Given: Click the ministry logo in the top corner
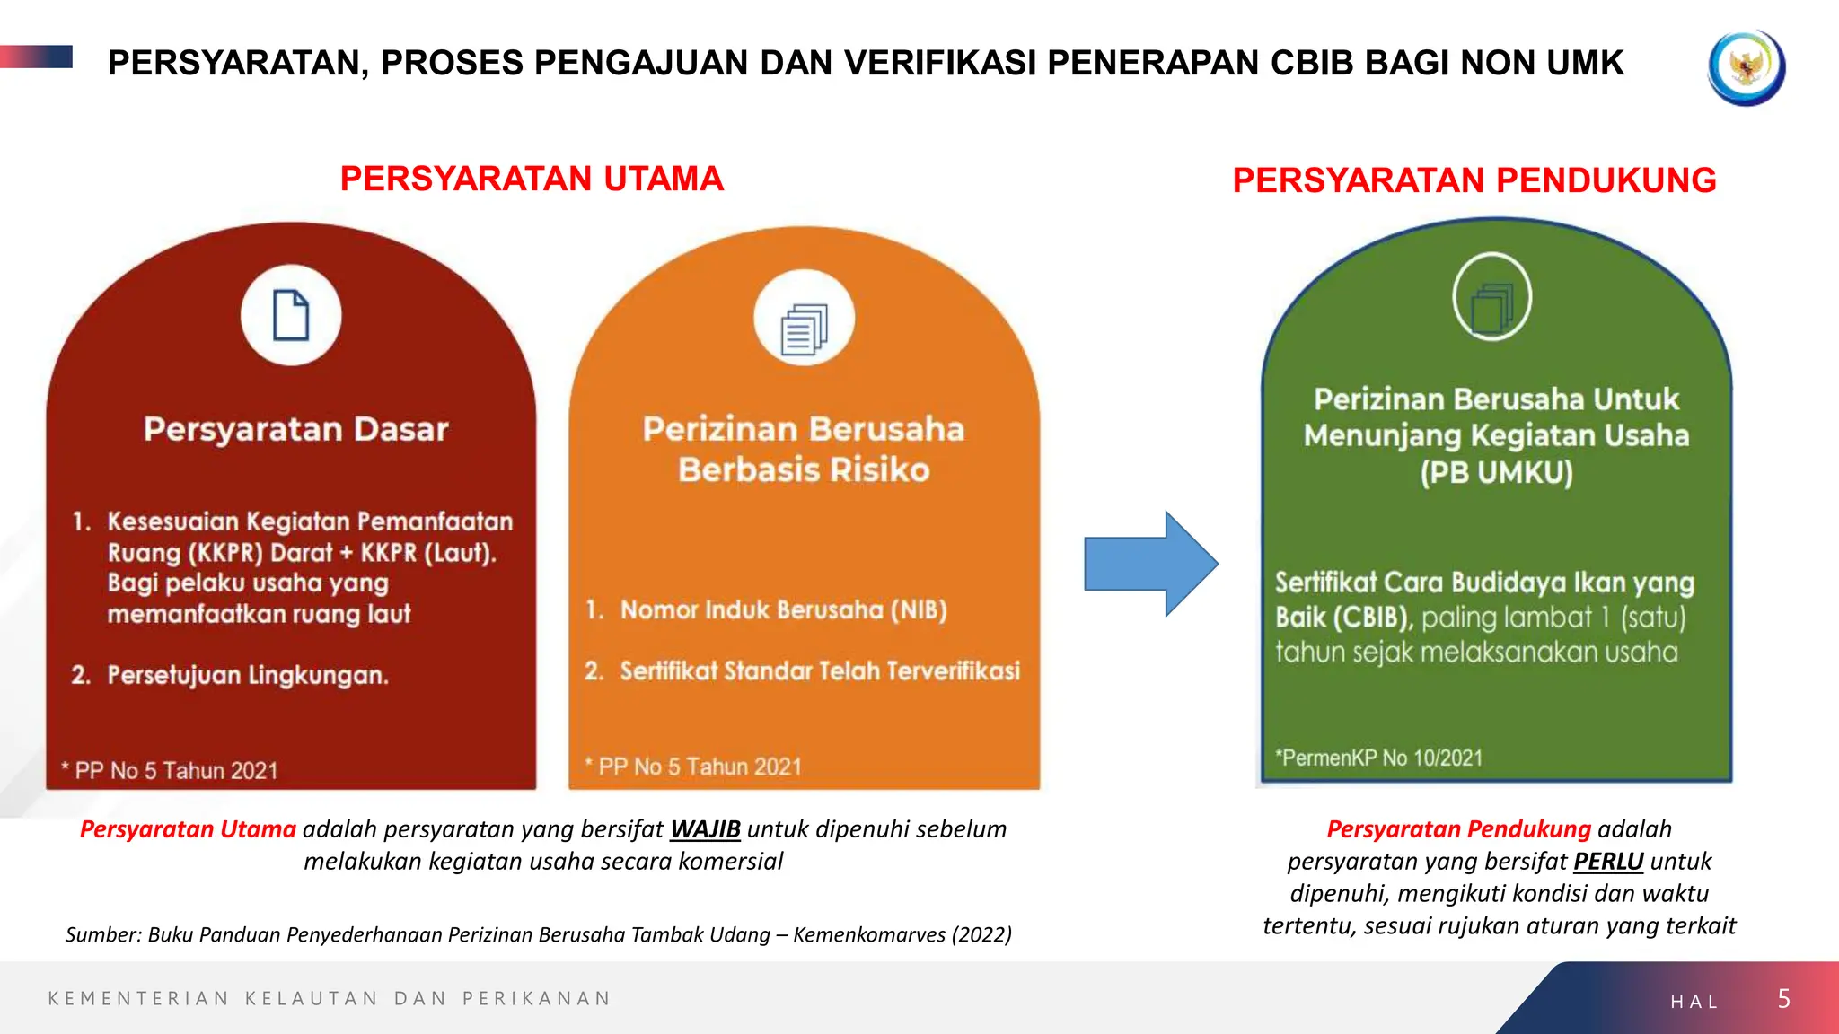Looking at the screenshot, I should coord(1746,67).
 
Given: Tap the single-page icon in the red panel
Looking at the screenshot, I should coord(291,315).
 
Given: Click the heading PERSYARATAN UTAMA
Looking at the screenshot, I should coord(532,179).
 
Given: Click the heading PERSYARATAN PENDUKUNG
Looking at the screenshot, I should coord(1474,180).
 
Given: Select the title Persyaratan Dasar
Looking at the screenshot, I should coord(295,429).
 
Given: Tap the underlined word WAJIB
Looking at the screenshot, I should coord(705,828).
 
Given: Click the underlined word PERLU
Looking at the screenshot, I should coord(1608,861).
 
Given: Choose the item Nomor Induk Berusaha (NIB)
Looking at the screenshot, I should coord(783,610).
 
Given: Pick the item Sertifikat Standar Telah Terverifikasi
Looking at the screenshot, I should coord(819,670).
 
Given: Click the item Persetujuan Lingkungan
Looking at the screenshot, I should coord(247,675).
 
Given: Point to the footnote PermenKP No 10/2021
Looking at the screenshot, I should coord(1379,758).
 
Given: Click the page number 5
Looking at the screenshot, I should coord(1783,999).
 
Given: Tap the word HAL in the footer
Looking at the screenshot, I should coord(1694,1002).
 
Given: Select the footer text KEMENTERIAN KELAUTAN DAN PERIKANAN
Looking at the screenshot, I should coord(330,999).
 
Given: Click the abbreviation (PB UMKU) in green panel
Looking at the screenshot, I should coord(1496,472).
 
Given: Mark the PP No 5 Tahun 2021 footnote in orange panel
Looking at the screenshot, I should coord(699,767).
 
